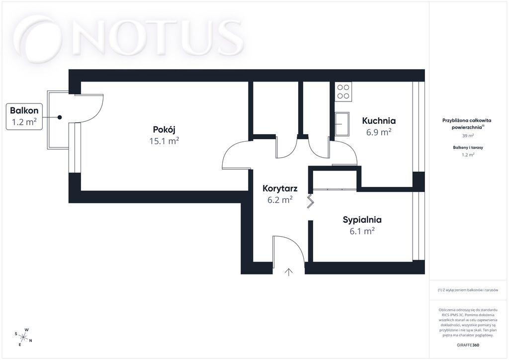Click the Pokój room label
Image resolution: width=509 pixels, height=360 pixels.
point(164,129)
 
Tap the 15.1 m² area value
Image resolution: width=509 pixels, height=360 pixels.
point(164,141)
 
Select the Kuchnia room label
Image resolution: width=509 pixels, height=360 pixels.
point(379,121)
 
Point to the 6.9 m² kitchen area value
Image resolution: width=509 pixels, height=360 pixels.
point(379,132)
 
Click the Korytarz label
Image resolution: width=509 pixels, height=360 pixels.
point(280,188)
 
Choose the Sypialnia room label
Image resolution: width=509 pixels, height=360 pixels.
point(362,220)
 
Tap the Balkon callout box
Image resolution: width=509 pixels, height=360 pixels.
point(24,116)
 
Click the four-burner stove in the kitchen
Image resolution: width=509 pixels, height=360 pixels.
point(343,91)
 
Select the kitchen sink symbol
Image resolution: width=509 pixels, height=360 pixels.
point(342,124)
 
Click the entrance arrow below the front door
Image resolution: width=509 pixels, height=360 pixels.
point(289,272)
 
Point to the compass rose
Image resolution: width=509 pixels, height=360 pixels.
point(23,337)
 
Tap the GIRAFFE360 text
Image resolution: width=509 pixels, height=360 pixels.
point(467,345)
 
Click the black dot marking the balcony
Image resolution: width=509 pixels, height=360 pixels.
point(60,117)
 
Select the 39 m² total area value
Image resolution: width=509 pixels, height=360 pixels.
point(468,136)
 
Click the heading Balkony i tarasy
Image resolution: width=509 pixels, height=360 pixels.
point(468,147)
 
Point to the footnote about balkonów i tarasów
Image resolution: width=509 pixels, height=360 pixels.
point(468,290)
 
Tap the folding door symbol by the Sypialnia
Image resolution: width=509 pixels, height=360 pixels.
point(311,201)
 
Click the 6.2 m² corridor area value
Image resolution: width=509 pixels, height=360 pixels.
point(280,199)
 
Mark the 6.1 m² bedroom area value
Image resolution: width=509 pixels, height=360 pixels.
point(362,231)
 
